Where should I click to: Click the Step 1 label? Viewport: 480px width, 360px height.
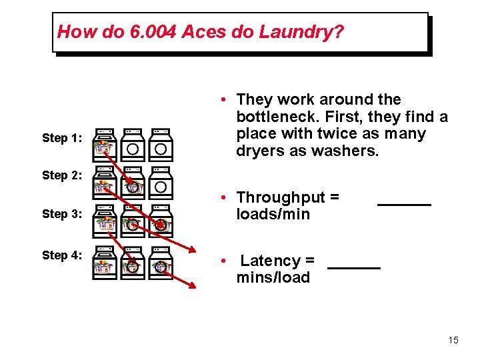pyautogui.click(x=62, y=138)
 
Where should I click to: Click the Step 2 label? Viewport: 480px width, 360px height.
pyautogui.click(x=62, y=175)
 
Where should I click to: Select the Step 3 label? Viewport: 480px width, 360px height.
pyautogui.click(x=62, y=214)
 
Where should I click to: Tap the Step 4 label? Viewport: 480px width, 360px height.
pyautogui.click(x=62, y=255)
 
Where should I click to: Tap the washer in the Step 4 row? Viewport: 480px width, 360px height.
pyautogui.click(x=104, y=263)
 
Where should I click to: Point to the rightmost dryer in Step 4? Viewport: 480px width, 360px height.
pyautogui.click(x=160, y=263)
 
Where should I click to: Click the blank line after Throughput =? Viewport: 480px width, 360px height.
pyautogui.click(x=404, y=203)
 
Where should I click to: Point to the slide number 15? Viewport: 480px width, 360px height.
pyautogui.click(x=453, y=341)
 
